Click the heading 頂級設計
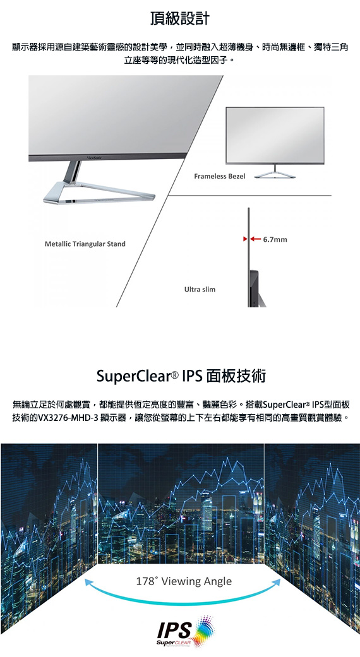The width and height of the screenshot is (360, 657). pyautogui.click(x=180, y=19)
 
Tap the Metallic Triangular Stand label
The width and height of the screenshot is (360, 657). pyautogui.click(x=85, y=244)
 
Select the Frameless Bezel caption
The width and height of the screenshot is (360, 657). pyautogui.click(x=220, y=177)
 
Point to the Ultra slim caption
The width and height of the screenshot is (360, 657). pyautogui.click(x=200, y=289)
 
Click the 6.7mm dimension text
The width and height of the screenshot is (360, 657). pyautogui.click(x=275, y=240)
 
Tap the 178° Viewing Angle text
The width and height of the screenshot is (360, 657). pyautogui.click(x=184, y=581)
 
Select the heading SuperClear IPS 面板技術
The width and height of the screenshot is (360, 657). pyautogui.click(x=181, y=376)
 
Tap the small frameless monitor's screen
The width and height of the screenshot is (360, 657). pyautogui.click(x=275, y=135)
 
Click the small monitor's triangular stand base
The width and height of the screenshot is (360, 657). pyautogui.click(x=275, y=175)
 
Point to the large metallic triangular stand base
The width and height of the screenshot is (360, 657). pyautogui.click(x=99, y=192)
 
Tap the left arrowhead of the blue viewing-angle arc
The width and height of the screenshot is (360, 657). pyautogui.click(x=88, y=581)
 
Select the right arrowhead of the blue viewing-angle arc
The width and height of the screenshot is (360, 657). pyautogui.click(x=277, y=581)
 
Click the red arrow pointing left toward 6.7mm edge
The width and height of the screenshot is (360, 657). pyautogui.click(x=256, y=240)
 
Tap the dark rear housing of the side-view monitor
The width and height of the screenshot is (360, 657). pyautogui.click(x=255, y=289)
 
